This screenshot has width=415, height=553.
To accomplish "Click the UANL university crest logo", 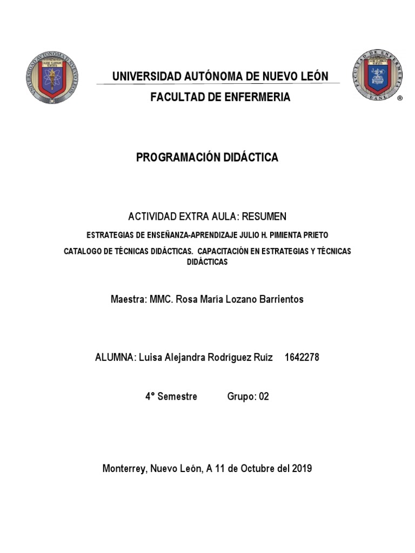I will coord(52,78).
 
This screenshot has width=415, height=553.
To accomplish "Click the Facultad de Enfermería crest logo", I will coord(377,75).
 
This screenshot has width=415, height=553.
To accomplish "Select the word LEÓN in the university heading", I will coord(313,77).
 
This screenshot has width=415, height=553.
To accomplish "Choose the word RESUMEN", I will coord(264,217).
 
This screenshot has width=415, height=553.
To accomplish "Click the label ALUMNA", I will coord(115,358).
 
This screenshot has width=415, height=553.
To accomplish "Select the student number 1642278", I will coord(302,358).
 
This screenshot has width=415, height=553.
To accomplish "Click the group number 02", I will coord(264,397).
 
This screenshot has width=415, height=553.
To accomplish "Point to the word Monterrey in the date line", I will coord(124,469).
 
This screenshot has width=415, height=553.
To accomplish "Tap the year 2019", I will coord(302,469).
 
